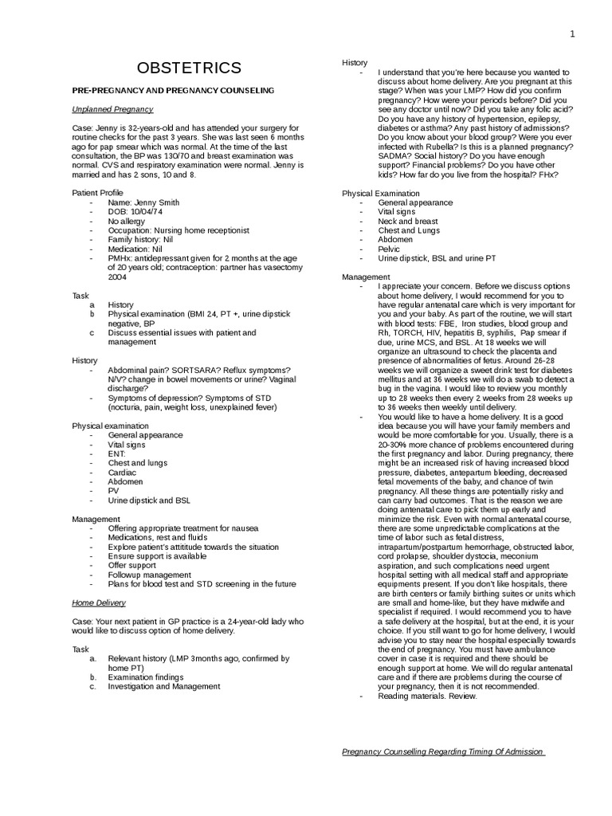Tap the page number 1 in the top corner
(x=572, y=33)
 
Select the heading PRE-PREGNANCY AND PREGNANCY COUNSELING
(x=173, y=90)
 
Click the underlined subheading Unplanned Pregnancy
(x=112, y=109)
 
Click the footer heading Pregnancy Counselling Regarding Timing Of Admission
(x=443, y=751)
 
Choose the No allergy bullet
(x=127, y=221)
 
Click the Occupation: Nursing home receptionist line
(x=178, y=229)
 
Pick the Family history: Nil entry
(x=140, y=238)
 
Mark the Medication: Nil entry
(x=135, y=248)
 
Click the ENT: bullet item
(x=117, y=453)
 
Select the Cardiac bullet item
(x=122, y=472)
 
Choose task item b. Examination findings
(x=146, y=677)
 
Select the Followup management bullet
(x=150, y=574)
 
